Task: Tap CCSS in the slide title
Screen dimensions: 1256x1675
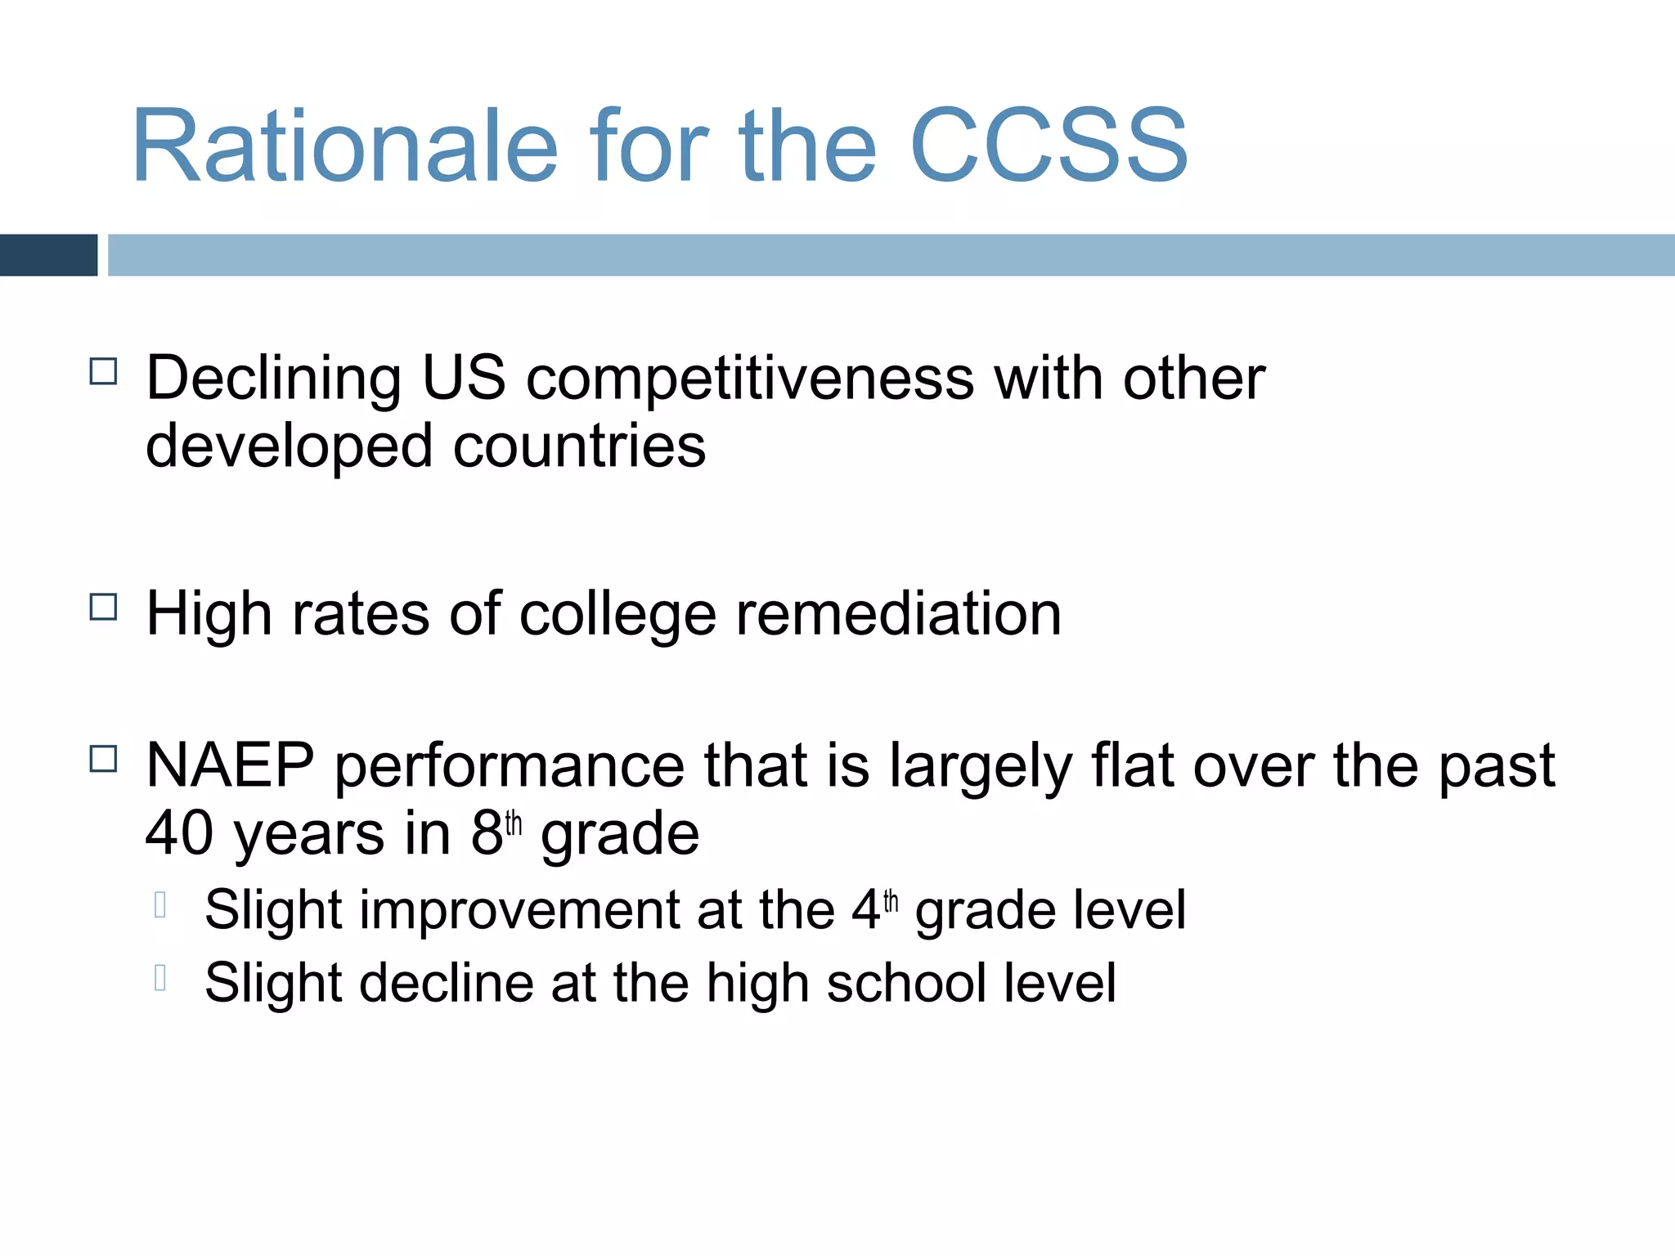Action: point(1048,147)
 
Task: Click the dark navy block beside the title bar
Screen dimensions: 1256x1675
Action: point(48,255)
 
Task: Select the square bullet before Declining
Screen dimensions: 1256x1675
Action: point(104,372)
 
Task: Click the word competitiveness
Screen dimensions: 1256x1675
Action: point(750,379)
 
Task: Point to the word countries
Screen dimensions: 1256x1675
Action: point(579,446)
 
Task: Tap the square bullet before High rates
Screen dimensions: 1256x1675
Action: point(104,607)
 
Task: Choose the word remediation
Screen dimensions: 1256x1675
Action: point(898,614)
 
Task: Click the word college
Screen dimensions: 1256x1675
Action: point(617,616)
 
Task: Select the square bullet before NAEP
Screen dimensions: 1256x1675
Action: point(104,759)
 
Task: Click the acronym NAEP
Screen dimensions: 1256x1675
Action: point(230,765)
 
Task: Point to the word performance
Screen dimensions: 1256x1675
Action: point(510,767)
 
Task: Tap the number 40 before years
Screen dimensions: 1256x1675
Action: point(179,834)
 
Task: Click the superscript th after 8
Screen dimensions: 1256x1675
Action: point(513,823)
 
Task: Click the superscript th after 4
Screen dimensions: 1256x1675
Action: point(891,901)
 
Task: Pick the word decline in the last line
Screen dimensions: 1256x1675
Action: point(447,982)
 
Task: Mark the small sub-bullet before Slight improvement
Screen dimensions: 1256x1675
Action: point(160,904)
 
